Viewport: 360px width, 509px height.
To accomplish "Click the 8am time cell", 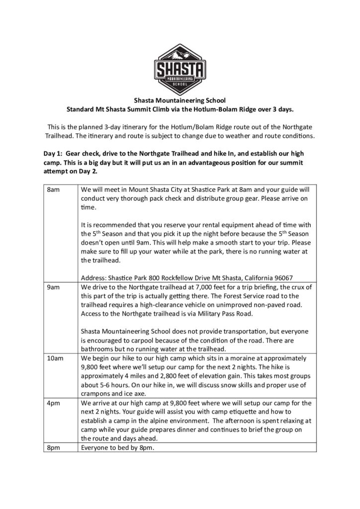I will click(x=54, y=189).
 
